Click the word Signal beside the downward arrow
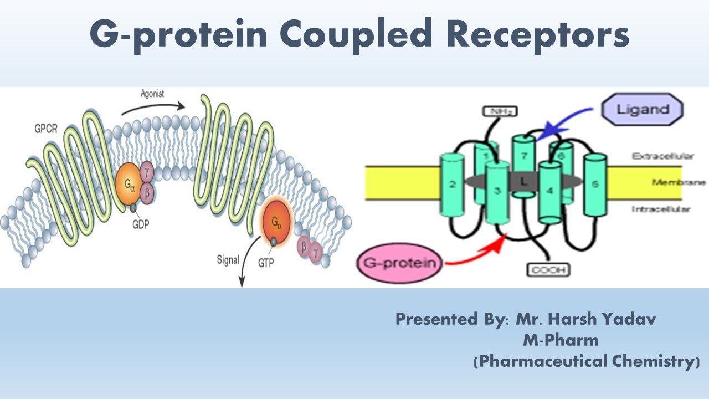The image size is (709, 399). click(228, 259)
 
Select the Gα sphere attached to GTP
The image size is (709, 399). click(275, 223)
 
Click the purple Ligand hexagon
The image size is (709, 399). click(643, 109)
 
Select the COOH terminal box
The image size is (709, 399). click(548, 270)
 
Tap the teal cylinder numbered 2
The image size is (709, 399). click(453, 186)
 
